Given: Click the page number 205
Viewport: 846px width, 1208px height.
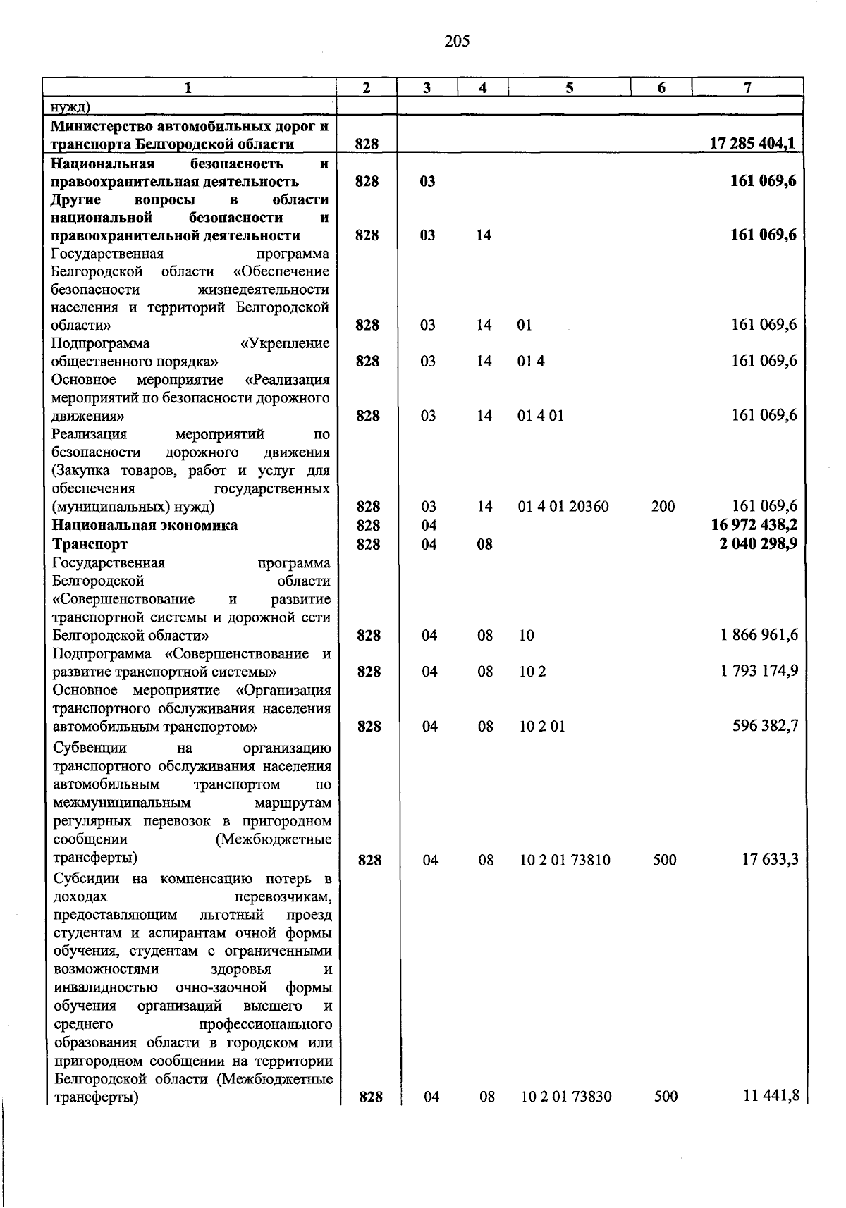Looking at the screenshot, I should [457, 42].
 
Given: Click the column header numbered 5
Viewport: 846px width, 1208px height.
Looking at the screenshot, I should [569, 87].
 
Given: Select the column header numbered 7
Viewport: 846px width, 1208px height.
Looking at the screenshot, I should [747, 87].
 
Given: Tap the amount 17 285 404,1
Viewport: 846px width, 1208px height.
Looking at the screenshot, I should [753, 144].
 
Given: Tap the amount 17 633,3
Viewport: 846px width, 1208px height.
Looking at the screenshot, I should [770, 860].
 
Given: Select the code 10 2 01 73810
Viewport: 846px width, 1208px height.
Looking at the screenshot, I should [565, 861].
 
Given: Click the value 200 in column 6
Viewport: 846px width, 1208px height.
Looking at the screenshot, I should [663, 507].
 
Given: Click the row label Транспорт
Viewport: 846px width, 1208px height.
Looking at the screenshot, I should [90, 544].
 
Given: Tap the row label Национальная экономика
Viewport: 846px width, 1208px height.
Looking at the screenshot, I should [145, 525].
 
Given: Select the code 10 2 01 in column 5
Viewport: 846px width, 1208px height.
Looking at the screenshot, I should [541, 727].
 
